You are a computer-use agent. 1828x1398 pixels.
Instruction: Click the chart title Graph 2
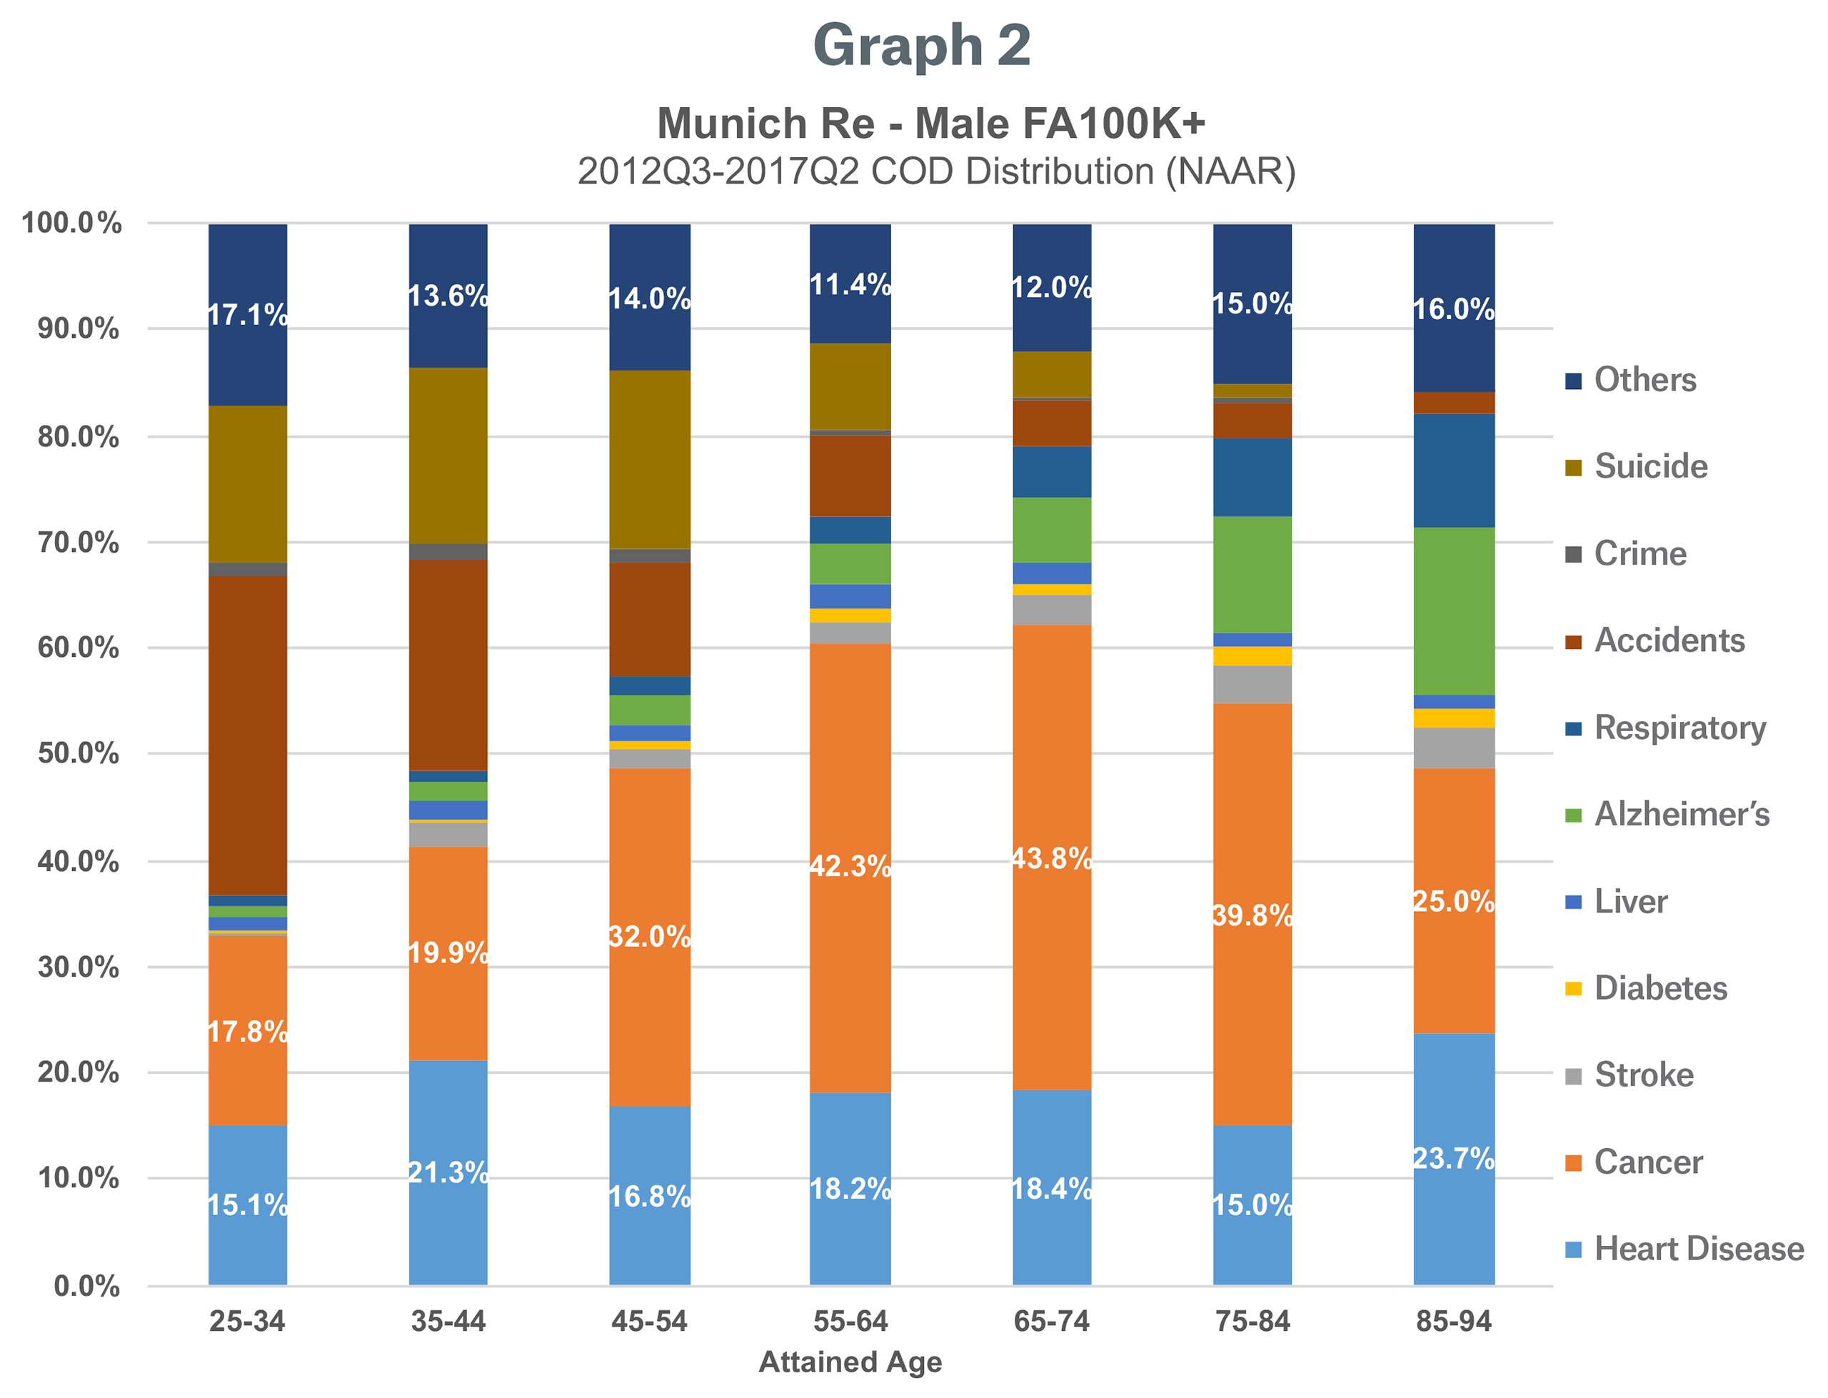[x=921, y=45]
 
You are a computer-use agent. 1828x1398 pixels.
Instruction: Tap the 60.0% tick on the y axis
[x=79, y=648]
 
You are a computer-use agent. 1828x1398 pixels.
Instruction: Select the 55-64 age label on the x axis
[x=850, y=1321]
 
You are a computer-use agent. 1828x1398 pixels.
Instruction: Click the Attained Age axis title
[x=850, y=1362]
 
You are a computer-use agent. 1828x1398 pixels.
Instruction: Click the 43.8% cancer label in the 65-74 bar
[x=1051, y=858]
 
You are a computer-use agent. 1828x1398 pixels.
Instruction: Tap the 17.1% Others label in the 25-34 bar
[x=247, y=315]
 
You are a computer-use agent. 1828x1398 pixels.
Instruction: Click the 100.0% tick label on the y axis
[x=71, y=223]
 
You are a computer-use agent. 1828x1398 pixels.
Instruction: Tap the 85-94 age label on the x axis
[x=1452, y=1321]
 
